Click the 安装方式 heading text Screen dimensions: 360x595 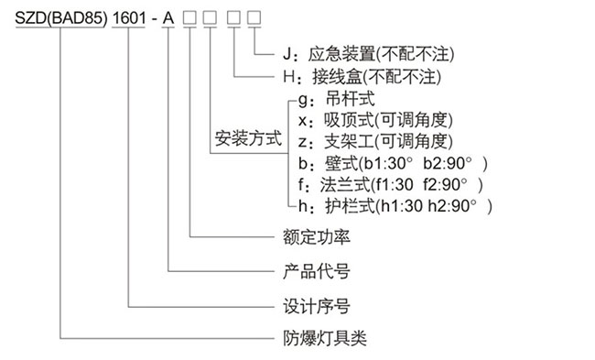coord(248,141)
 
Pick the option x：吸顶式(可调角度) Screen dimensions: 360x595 coord(375,119)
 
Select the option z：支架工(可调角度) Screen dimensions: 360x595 coord(375,141)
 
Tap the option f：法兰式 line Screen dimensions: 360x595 coord(384,185)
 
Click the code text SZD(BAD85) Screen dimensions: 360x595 coord(55,19)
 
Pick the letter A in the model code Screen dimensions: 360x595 coord(168,19)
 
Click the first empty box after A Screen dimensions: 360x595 coord(189,19)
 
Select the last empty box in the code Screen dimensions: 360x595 coord(254,19)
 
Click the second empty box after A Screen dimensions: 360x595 coord(210,19)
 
